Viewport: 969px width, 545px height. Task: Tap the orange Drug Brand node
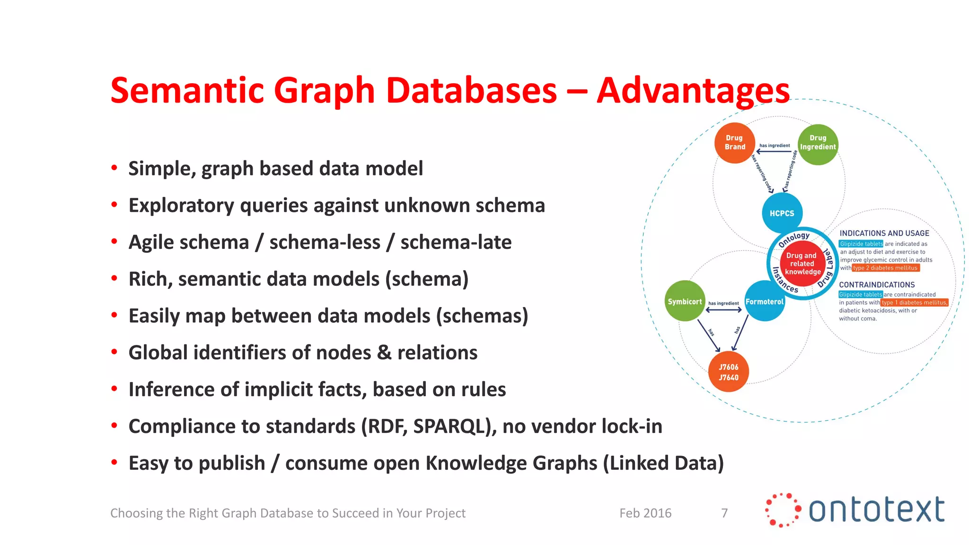(735, 143)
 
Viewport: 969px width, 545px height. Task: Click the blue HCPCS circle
(782, 213)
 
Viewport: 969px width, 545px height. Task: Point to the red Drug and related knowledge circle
(802, 264)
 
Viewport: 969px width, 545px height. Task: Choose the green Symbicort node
(685, 301)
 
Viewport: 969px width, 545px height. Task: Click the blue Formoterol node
(765, 301)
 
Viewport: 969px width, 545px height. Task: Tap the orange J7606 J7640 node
(728, 372)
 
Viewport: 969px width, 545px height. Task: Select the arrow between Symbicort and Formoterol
(724, 310)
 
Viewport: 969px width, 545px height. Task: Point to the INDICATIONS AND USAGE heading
(884, 233)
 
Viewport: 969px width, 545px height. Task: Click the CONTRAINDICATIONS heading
(877, 285)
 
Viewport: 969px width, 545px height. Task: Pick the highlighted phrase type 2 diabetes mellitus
(885, 268)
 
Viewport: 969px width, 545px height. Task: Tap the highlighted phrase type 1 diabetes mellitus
(914, 303)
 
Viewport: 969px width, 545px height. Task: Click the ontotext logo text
(876, 510)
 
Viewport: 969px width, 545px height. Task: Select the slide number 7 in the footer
(724, 513)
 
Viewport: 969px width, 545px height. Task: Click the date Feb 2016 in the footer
(645, 513)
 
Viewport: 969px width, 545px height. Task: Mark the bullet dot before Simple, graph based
(114, 168)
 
